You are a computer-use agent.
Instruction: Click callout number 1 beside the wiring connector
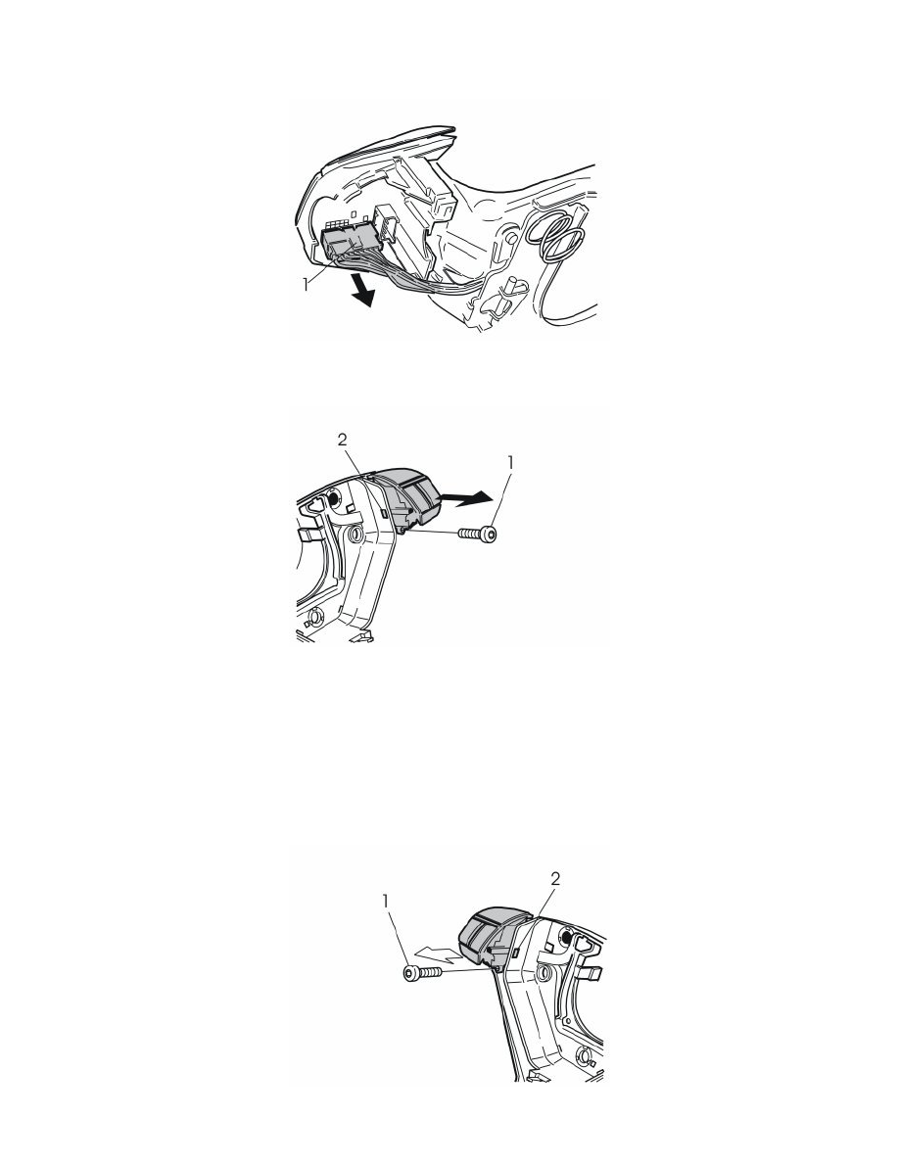306,283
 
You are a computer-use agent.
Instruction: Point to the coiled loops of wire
561,235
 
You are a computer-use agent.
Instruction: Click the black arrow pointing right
463,499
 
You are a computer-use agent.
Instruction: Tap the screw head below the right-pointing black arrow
490,534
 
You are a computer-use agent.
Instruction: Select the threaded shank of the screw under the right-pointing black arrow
470,534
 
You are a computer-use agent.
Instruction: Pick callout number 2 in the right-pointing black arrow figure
342,440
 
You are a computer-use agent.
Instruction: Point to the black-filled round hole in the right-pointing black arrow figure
332,498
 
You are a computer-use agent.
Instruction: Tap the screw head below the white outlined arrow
410,974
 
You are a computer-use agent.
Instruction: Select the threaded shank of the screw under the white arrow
430,972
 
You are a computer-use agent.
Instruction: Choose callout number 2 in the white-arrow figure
555,879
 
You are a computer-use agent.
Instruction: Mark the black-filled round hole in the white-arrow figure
567,938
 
